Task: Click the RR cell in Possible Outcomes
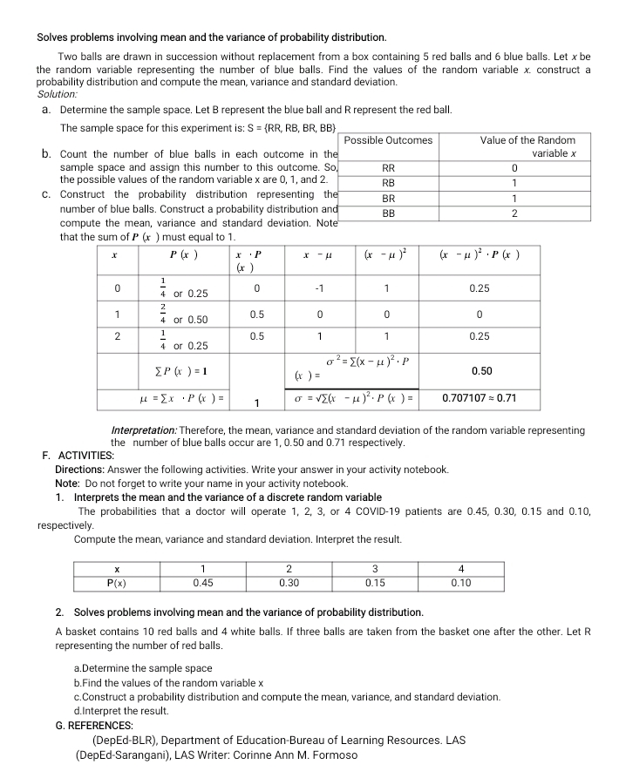point(389,168)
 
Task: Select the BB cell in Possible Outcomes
point(389,213)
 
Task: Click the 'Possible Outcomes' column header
point(389,140)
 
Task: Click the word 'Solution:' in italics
point(58,93)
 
